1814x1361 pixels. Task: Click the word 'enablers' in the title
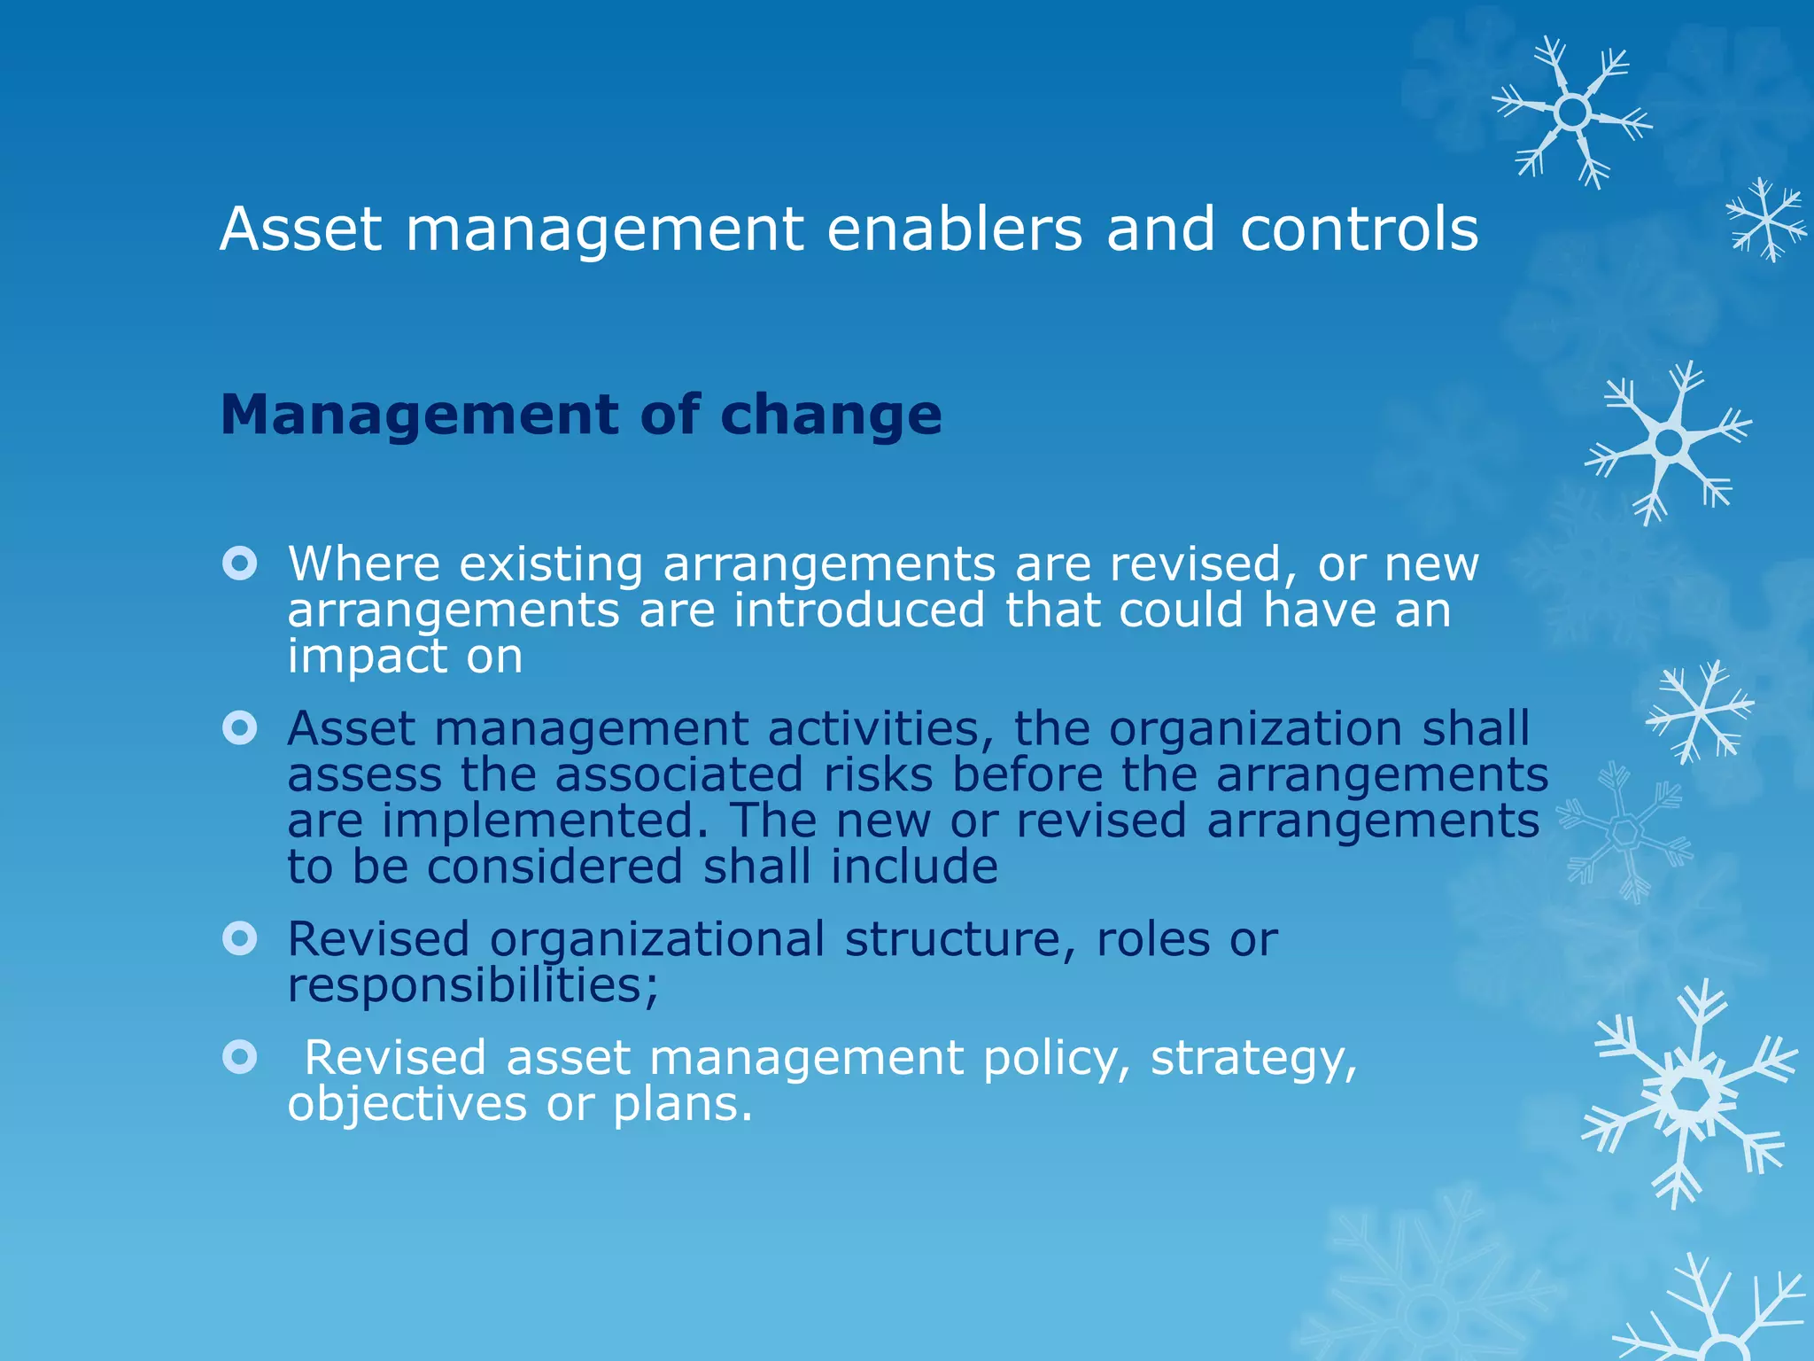(x=954, y=229)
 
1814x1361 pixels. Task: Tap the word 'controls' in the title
(x=1359, y=229)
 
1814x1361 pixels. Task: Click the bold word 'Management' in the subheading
(x=420, y=415)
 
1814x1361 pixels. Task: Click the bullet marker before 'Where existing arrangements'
(x=240, y=564)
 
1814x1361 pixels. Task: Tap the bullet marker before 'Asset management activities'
(x=240, y=728)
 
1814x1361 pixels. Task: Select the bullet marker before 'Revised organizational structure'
(x=240, y=938)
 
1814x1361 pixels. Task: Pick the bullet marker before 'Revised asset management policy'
(x=240, y=1057)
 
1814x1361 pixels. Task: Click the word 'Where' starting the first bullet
(x=363, y=564)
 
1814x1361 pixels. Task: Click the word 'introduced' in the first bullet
(x=859, y=611)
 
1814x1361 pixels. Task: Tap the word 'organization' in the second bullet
(x=1255, y=728)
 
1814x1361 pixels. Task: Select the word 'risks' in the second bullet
(x=878, y=774)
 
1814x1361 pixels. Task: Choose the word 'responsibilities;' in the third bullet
(x=473, y=985)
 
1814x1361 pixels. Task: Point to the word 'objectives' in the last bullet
(x=407, y=1104)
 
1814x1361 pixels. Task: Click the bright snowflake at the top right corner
(x=1572, y=113)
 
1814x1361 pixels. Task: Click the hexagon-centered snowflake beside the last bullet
(x=1690, y=1095)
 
